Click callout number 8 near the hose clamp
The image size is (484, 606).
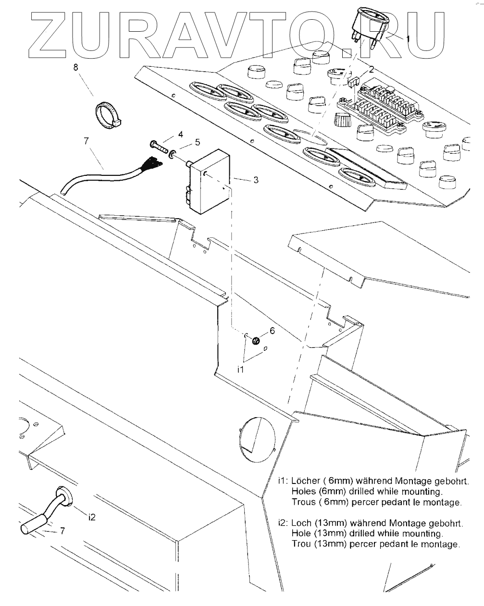coord(76,68)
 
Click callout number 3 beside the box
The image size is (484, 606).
coord(256,180)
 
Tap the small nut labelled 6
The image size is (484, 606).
coord(256,341)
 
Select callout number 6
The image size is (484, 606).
coord(272,331)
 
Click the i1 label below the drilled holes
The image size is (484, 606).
coord(241,369)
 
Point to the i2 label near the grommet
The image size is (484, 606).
coord(92,517)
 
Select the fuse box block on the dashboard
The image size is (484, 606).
coord(379,107)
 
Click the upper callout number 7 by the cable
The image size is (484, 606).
coord(86,141)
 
